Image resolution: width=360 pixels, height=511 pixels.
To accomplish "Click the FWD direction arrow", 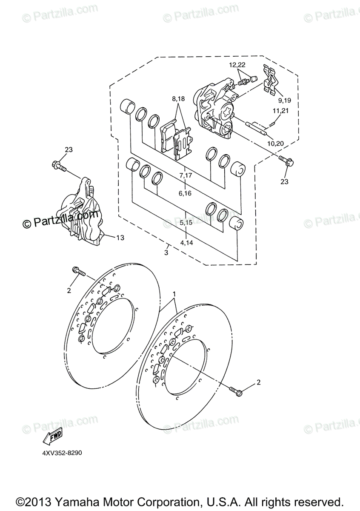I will click(52, 437).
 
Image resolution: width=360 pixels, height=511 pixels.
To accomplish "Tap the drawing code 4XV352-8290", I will click(62, 453).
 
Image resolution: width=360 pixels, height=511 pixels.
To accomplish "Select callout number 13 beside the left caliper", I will click(120, 238).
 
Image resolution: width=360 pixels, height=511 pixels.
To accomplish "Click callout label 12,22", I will click(238, 65).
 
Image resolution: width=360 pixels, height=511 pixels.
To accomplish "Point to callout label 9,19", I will click(285, 100).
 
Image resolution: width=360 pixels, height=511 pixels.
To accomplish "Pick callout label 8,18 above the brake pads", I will click(179, 99).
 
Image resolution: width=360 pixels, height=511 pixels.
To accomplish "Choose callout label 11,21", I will click(281, 110).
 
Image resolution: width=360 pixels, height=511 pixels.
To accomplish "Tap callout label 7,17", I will click(186, 175).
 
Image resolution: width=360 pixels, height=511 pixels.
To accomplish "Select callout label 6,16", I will click(186, 193).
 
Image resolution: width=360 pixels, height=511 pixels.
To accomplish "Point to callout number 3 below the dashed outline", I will click(166, 253).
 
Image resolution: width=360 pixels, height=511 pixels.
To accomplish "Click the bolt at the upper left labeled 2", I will click(79, 271).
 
